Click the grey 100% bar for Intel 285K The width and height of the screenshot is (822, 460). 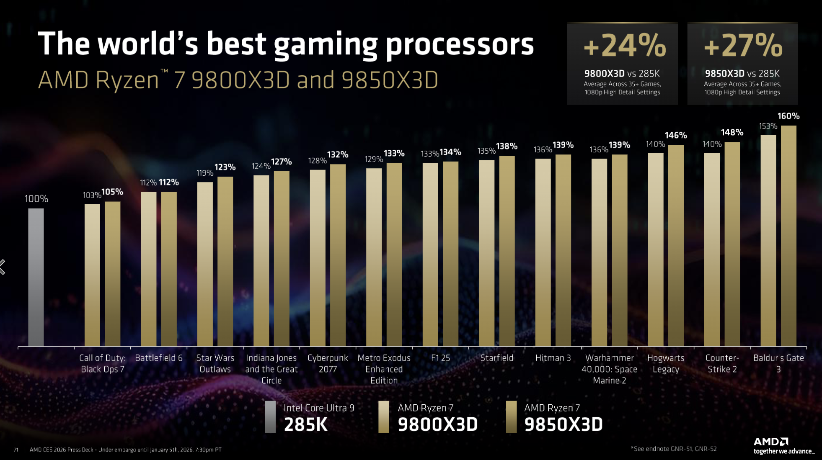pos(36,277)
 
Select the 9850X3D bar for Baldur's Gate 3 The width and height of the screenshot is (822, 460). pos(788,236)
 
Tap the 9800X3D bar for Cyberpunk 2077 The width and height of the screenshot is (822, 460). pos(318,257)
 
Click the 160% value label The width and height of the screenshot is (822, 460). pos(788,116)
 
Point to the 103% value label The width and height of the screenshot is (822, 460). pos(92,195)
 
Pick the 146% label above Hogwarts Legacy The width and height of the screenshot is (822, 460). pos(676,135)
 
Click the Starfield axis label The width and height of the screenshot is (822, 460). pos(496,358)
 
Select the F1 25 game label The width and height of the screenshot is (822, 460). pos(440,358)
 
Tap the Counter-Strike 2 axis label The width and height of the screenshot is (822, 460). pos(722,363)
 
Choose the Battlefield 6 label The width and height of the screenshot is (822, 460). pos(159,358)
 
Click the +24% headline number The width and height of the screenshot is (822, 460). pos(624,46)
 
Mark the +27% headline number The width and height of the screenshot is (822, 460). pos(743,46)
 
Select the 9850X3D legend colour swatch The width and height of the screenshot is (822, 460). pos(511,417)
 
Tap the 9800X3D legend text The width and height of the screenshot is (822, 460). pos(437,424)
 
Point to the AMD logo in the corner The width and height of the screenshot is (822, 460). pos(771,442)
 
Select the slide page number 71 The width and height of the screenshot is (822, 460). pos(16,450)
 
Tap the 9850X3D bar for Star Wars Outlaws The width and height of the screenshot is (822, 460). pos(225,261)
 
